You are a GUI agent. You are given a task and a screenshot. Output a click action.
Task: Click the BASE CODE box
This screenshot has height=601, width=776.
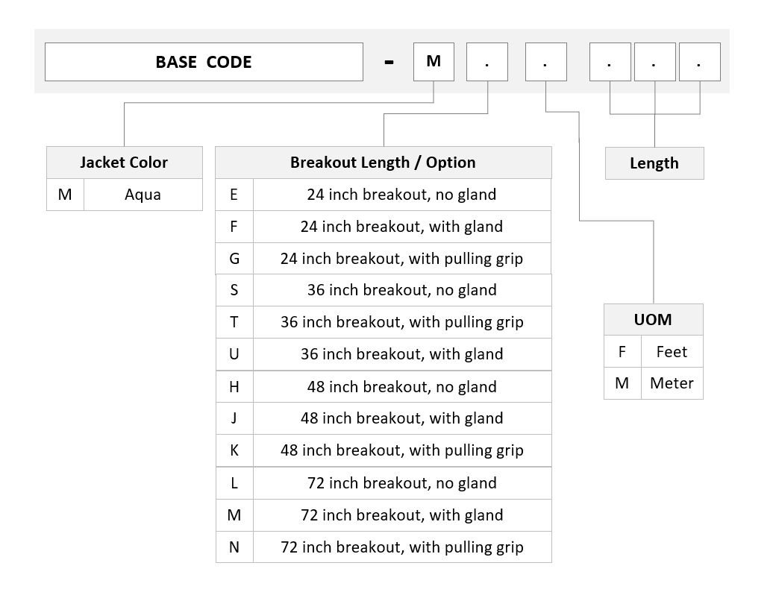(204, 62)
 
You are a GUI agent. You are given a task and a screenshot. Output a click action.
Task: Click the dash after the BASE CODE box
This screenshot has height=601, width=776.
(389, 63)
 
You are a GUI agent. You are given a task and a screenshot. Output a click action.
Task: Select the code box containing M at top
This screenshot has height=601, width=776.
(434, 62)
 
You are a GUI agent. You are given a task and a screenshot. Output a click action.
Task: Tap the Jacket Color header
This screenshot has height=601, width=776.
(124, 163)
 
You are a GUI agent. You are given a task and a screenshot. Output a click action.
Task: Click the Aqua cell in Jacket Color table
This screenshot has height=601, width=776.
(143, 195)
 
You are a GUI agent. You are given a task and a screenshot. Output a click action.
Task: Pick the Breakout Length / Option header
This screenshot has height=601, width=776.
(383, 163)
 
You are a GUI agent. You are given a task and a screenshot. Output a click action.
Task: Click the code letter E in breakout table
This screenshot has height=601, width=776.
(234, 195)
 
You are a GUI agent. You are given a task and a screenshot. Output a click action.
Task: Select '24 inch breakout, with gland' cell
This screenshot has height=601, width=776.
(402, 227)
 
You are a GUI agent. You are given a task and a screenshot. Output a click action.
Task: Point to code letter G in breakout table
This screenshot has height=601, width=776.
(234, 258)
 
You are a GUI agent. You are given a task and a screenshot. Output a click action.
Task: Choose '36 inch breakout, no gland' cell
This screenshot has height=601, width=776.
(402, 290)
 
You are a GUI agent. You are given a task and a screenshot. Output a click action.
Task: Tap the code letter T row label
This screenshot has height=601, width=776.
(234, 322)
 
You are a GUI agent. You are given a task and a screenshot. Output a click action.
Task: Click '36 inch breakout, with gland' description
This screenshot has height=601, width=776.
(402, 354)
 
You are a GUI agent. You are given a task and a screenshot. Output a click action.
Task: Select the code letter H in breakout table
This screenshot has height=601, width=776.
(234, 386)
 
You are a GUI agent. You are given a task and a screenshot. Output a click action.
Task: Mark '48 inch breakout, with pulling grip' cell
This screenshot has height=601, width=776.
(402, 450)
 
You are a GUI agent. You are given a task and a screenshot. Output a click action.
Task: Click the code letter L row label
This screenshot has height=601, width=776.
(234, 482)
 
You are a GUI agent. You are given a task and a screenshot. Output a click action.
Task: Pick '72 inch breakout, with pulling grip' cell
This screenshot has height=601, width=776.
(402, 547)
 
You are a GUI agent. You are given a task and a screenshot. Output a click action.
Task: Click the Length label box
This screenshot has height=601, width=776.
(654, 163)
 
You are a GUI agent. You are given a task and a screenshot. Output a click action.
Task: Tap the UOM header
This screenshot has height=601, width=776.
(654, 320)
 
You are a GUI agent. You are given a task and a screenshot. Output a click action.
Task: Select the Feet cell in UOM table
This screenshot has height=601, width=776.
(672, 352)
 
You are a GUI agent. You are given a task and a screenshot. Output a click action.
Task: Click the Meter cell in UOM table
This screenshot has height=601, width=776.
(672, 383)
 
